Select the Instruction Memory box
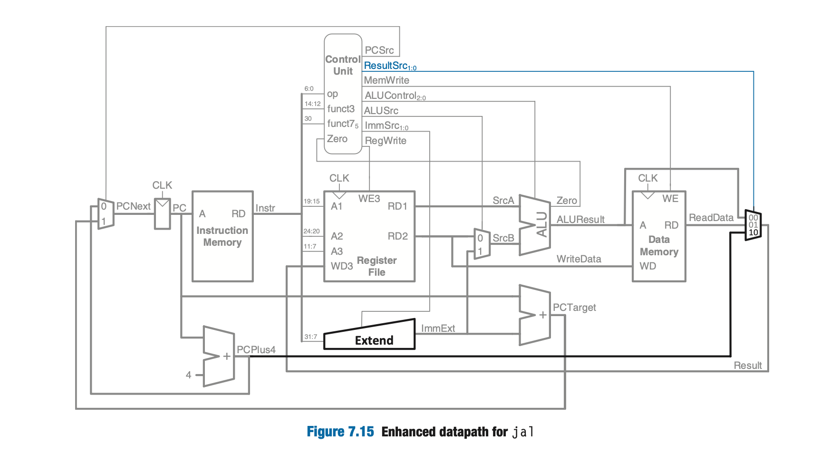(222, 236)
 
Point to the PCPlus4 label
(256, 350)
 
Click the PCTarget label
(574, 308)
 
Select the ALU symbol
(535, 224)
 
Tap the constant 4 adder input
(189, 375)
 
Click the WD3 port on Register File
(341, 266)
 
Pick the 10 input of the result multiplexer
(753, 233)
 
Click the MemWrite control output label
(386, 80)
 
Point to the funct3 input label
(340, 109)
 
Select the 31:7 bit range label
(310, 337)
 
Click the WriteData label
(579, 259)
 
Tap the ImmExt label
(438, 328)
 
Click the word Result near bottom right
(747, 366)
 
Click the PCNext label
(133, 206)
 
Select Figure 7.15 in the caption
(340, 432)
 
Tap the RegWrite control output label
(385, 141)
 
